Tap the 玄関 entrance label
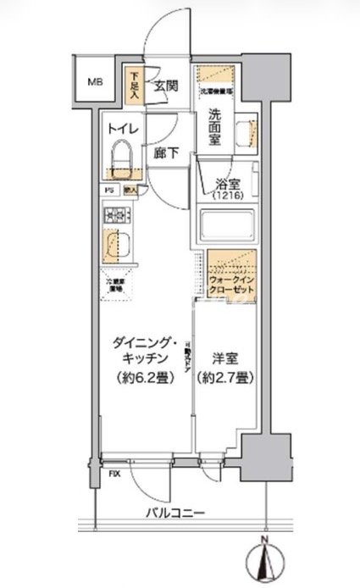pyautogui.click(x=166, y=86)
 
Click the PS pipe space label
pyautogui.click(x=109, y=190)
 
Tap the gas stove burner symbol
pyautogui.click(x=114, y=216)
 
